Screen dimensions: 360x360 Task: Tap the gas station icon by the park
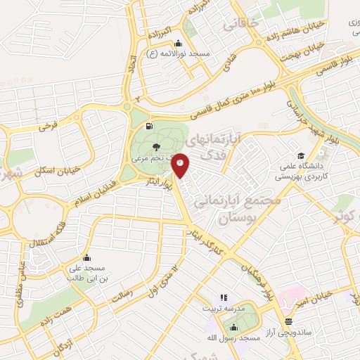tap(148, 127)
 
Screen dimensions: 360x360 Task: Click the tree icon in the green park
tap(155, 147)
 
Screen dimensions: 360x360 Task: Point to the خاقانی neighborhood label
tap(241, 25)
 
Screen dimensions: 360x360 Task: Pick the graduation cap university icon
tap(301, 155)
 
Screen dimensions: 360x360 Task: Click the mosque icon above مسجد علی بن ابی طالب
tap(86, 257)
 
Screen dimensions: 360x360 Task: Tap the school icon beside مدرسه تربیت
tap(224, 297)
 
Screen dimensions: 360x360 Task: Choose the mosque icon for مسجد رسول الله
tap(235, 328)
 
